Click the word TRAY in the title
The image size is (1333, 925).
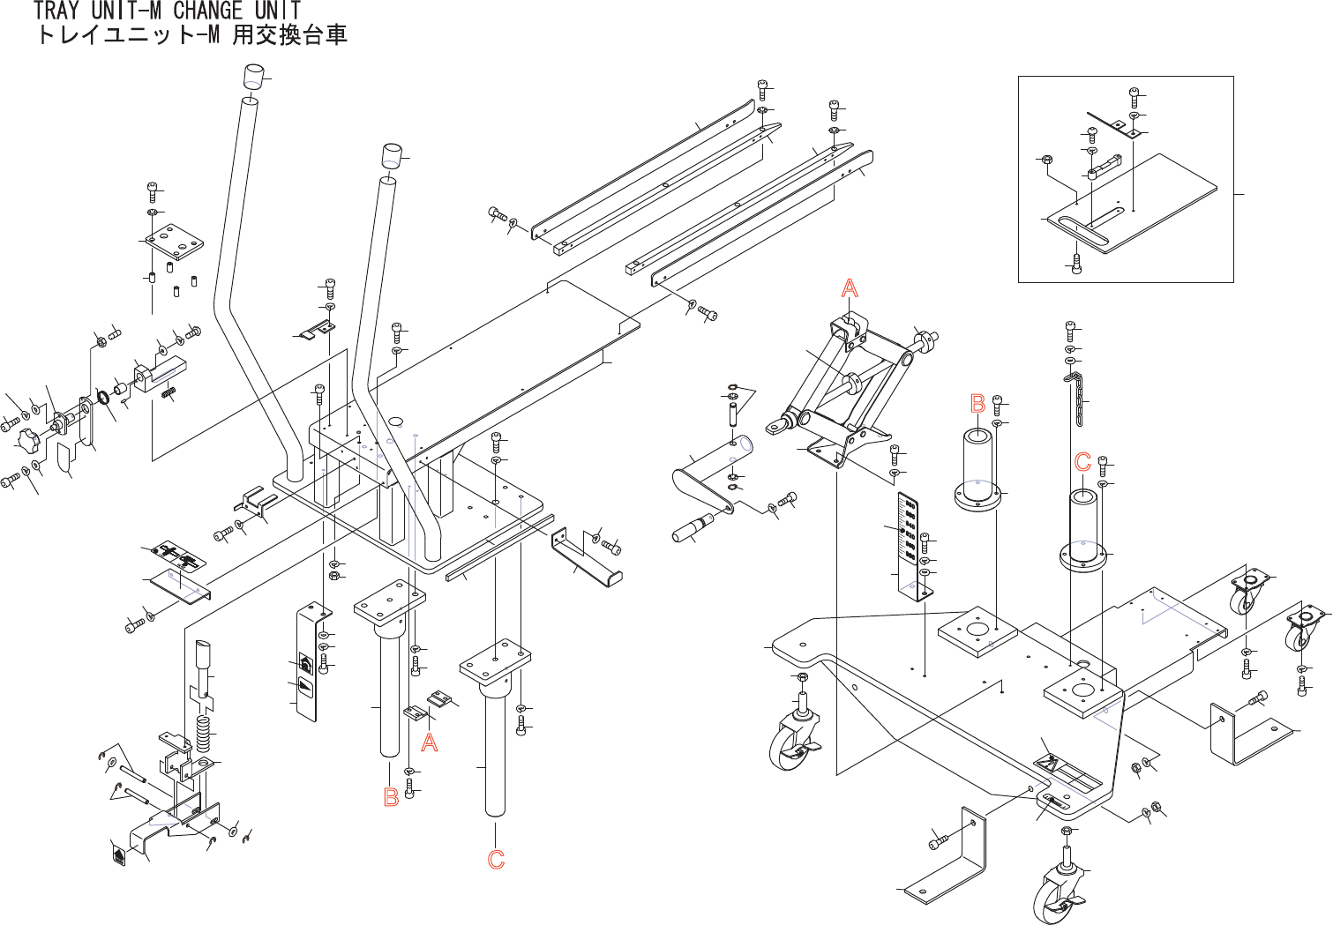57,11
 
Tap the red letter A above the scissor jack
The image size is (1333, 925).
849,288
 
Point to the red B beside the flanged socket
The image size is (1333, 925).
977,404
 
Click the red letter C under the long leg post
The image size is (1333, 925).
496,860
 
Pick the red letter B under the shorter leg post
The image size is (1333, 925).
391,797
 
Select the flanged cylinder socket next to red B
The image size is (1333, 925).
977,467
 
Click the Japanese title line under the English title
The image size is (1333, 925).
191,36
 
